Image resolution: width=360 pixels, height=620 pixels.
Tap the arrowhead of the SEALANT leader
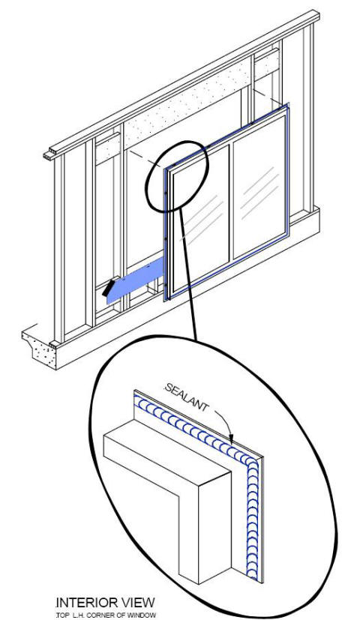point(231,436)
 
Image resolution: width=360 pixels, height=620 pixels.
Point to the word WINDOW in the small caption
point(140,615)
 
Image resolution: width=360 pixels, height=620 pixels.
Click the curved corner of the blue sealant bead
point(248,461)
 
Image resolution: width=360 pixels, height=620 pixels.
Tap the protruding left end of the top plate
point(48,154)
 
